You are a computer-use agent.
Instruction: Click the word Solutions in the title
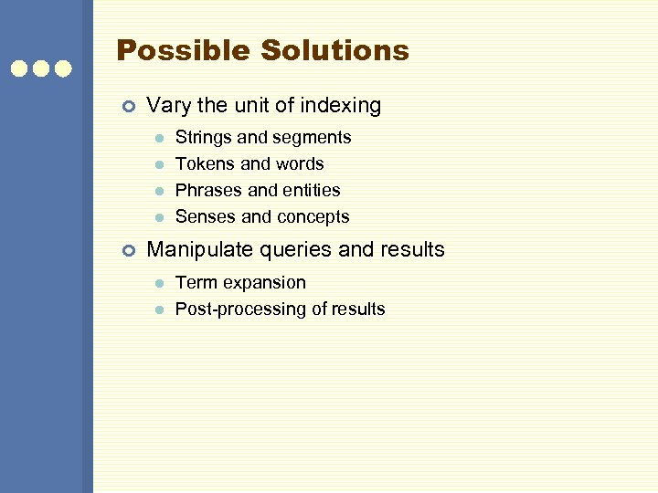(334, 50)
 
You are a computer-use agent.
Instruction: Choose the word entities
(311, 191)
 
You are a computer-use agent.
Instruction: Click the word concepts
(313, 217)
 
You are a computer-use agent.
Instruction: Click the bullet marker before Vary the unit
(128, 107)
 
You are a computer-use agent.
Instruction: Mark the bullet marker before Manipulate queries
(128, 250)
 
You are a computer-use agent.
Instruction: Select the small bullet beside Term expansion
(158, 283)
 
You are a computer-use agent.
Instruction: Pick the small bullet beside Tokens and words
(158, 164)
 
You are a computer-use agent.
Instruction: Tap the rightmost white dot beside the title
(62, 68)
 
